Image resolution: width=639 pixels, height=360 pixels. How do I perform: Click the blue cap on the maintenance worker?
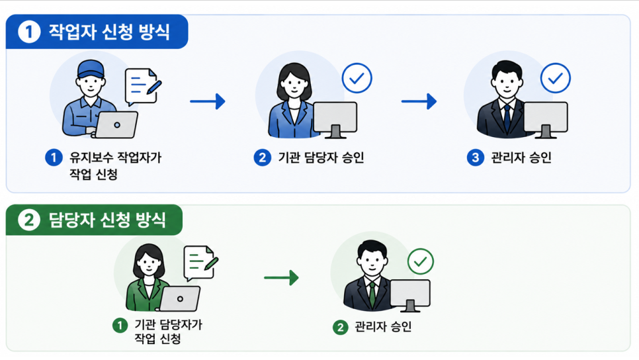(x=91, y=69)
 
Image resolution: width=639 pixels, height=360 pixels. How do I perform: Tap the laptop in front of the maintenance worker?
(x=116, y=125)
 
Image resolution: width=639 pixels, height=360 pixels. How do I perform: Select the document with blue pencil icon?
(x=143, y=86)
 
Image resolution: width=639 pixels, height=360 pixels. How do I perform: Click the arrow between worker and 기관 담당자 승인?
(x=208, y=101)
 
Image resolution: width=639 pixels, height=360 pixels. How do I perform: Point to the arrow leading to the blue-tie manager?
(x=419, y=101)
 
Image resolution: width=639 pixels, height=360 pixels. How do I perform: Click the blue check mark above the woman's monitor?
(x=357, y=78)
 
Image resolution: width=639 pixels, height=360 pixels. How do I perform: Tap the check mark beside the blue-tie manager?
(x=556, y=78)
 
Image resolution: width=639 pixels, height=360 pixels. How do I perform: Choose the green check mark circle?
(x=421, y=261)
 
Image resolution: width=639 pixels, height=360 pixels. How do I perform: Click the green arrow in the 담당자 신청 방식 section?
(x=281, y=278)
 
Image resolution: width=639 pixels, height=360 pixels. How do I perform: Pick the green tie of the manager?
(x=372, y=294)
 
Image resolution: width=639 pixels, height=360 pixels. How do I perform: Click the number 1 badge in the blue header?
(x=29, y=32)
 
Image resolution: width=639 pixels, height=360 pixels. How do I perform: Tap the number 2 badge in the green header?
(x=28, y=220)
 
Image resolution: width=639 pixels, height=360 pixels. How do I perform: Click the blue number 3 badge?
(x=475, y=157)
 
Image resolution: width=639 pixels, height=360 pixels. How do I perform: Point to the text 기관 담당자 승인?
(x=321, y=157)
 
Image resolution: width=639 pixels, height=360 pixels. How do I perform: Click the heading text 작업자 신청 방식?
(x=108, y=32)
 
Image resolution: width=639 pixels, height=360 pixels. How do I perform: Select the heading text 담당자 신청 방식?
(x=107, y=220)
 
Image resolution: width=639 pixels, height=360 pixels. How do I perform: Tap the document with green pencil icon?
(x=201, y=263)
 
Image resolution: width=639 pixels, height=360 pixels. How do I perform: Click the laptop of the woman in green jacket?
(x=180, y=298)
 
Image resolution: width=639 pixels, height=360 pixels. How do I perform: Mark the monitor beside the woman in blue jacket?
(x=335, y=120)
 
